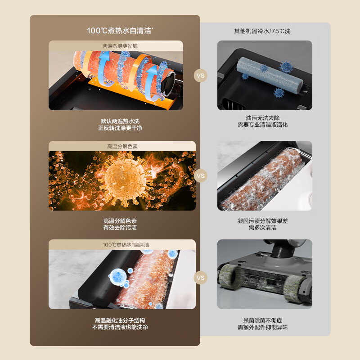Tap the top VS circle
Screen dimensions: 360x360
tap(201, 76)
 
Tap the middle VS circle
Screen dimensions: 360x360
tap(201, 176)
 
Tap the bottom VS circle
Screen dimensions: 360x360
tap(201, 278)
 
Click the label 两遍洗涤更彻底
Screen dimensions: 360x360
tap(122, 45)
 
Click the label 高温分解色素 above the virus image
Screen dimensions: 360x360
tap(122, 146)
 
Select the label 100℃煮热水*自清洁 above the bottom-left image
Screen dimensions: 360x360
tap(122, 245)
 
